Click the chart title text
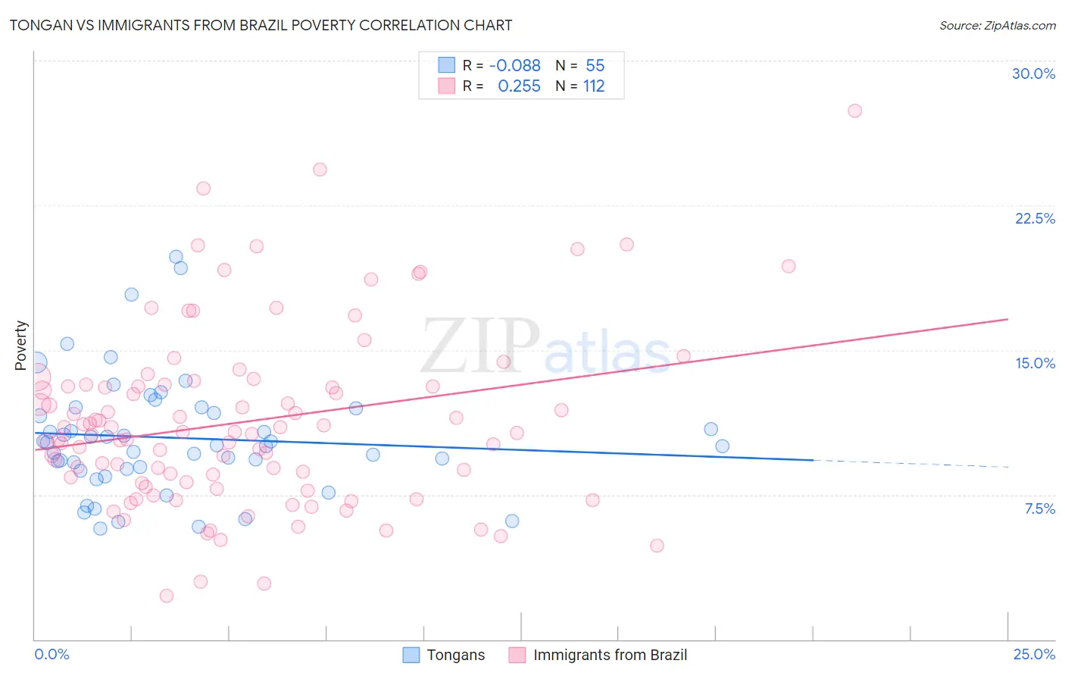click(261, 25)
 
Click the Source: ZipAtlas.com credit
click(997, 25)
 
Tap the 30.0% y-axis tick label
click(1033, 74)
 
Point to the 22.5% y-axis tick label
click(1035, 218)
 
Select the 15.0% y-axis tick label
click(1035, 363)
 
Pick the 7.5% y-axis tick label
click(1039, 509)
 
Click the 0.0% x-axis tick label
click(52, 654)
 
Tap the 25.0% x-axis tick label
click(1034, 654)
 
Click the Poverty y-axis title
click(21, 346)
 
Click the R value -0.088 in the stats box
click(515, 66)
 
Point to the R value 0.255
click(519, 86)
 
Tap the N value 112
click(594, 86)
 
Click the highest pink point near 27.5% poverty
click(854, 111)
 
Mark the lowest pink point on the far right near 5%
click(657, 546)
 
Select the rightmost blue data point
click(722, 446)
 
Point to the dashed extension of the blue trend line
click(909, 463)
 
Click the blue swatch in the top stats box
click(447, 66)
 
